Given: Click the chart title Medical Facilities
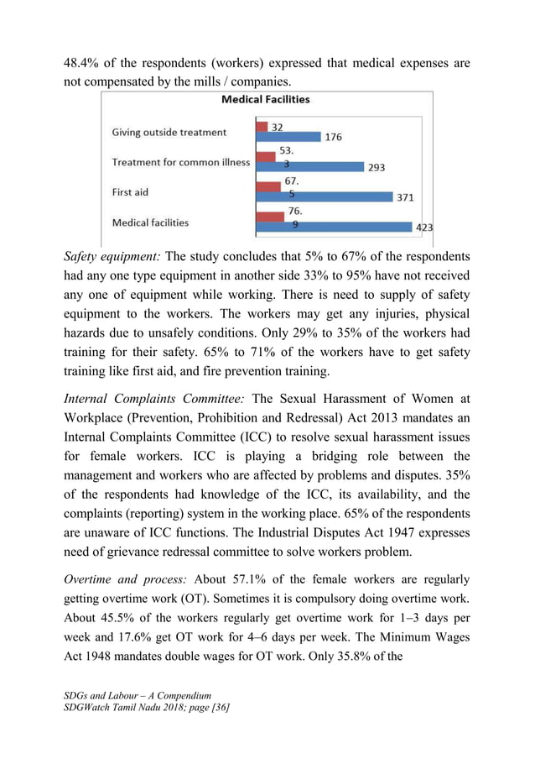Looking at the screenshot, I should tap(265, 100).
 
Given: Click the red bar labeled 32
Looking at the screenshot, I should tap(261, 127).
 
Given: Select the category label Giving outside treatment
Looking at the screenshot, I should tap(169, 132).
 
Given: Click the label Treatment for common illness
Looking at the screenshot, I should tap(181, 162).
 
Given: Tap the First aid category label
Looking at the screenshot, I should tap(130, 192).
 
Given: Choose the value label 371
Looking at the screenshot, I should tap(405, 197).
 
